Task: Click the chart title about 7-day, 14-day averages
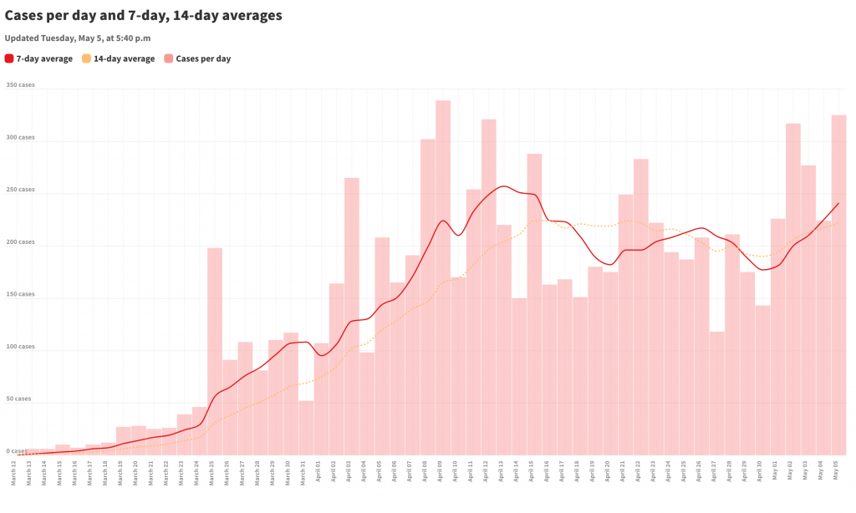click(x=143, y=15)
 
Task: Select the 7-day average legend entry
click(x=38, y=58)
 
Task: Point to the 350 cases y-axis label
click(x=21, y=85)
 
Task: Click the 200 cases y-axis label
click(x=21, y=242)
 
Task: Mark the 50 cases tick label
click(x=18, y=399)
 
